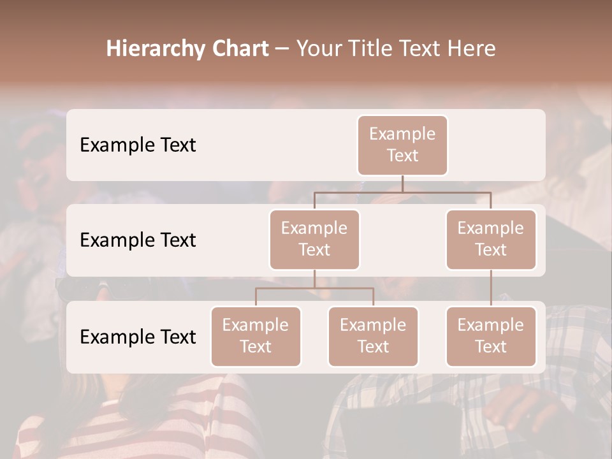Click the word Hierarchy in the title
[x=155, y=49]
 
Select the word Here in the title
[x=472, y=49]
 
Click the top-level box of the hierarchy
[x=402, y=145]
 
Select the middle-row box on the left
[x=314, y=239]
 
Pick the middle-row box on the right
[x=491, y=239]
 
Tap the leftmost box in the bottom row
[x=256, y=336]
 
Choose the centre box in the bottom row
[x=373, y=336]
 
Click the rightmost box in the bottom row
[x=491, y=336]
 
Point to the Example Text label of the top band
[x=138, y=145]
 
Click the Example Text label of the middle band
[x=138, y=240]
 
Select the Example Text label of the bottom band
[x=138, y=337]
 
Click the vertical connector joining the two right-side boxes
[x=491, y=288]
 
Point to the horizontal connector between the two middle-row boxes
[x=402, y=192]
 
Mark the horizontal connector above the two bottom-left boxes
[x=314, y=288]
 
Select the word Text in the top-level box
[x=402, y=156]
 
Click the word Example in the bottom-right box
[x=491, y=325]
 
